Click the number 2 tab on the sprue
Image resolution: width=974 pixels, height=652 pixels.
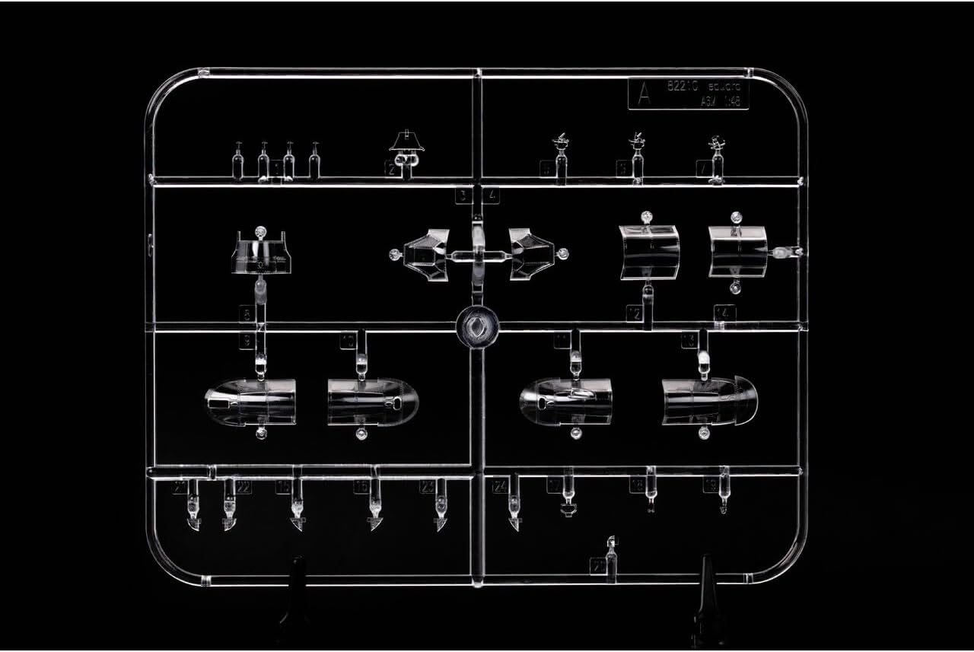point(391,169)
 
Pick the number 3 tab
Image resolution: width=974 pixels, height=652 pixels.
point(462,196)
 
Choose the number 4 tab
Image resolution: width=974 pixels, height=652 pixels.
point(492,196)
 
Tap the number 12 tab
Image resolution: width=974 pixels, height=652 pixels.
point(634,313)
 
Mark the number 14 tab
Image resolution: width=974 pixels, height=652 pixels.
point(724,313)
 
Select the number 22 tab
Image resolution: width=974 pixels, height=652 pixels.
point(243,488)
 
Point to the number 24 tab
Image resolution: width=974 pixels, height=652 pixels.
point(500,487)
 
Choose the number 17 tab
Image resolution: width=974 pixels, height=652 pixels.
point(555,485)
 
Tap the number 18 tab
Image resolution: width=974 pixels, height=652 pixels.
point(637,485)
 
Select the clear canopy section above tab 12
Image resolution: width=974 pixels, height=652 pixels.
point(649,251)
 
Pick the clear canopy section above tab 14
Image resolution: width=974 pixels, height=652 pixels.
point(737,250)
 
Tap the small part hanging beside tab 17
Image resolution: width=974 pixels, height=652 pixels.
point(568,498)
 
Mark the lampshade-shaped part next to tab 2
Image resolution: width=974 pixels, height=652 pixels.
point(407,142)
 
